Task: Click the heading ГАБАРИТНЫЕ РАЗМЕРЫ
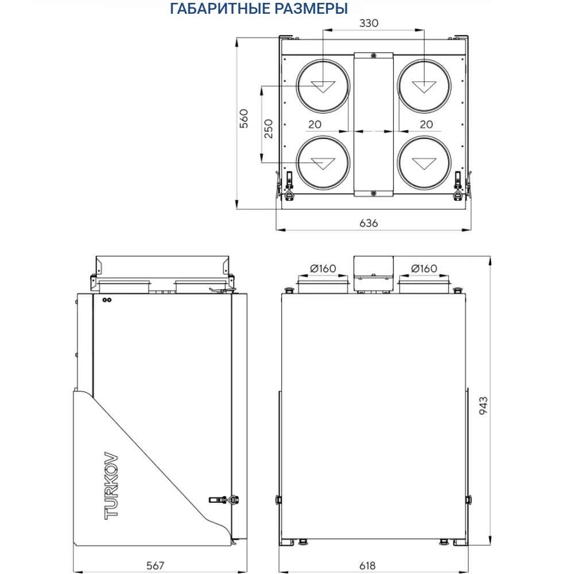click(x=259, y=9)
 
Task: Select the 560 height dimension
click(x=243, y=118)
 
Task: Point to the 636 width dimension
click(x=369, y=223)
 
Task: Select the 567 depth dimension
click(x=155, y=566)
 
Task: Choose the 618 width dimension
click(x=367, y=566)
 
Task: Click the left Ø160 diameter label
click(x=323, y=269)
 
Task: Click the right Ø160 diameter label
click(x=424, y=269)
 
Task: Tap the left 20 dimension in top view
click(x=315, y=124)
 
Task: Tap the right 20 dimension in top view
click(x=425, y=124)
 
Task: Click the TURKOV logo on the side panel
click(x=111, y=486)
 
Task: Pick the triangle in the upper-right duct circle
click(x=424, y=87)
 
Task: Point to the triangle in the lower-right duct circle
click(x=424, y=163)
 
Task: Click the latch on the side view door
click(x=224, y=500)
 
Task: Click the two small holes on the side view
click(x=106, y=300)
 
